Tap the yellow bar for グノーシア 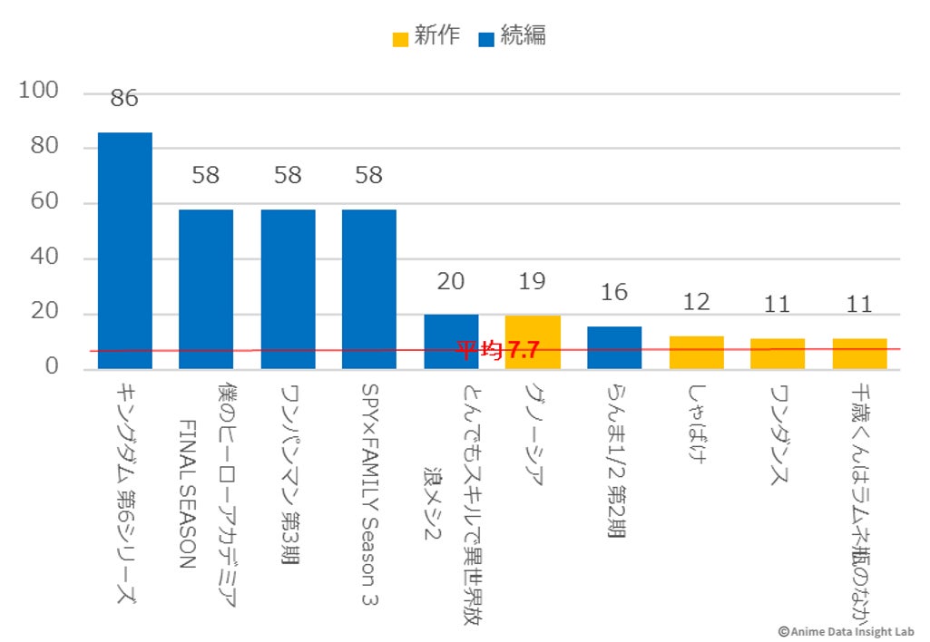pyautogui.click(x=533, y=342)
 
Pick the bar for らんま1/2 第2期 pyautogui.click(x=614, y=347)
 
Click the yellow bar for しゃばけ pyautogui.click(x=696, y=353)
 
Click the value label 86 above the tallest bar pyautogui.click(x=124, y=99)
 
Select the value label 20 pyautogui.click(x=451, y=281)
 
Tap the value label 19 pyautogui.click(x=533, y=281)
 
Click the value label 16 pyautogui.click(x=614, y=292)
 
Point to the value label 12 pyautogui.click(x=696, y=302)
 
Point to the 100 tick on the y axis pyautogui.click(x=39, y=92)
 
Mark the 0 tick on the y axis pyautogui.click(x=52, y=367)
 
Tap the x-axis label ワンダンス pyautogui.click(x=778, y=436)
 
